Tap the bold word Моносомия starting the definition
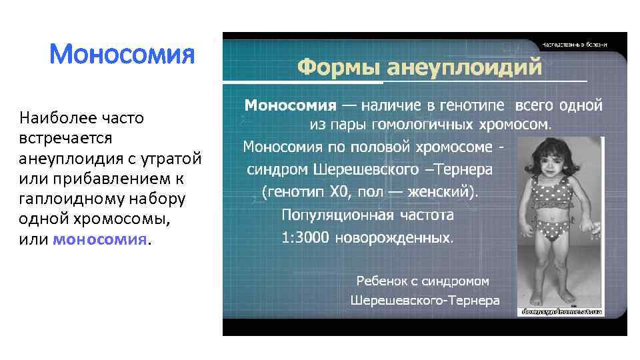click(x=290, y=105)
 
